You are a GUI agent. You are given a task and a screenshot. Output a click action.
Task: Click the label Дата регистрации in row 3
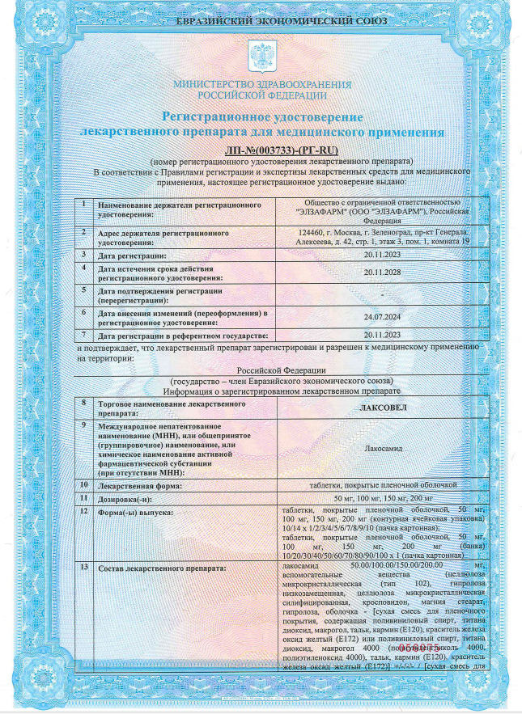pos(131,255)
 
